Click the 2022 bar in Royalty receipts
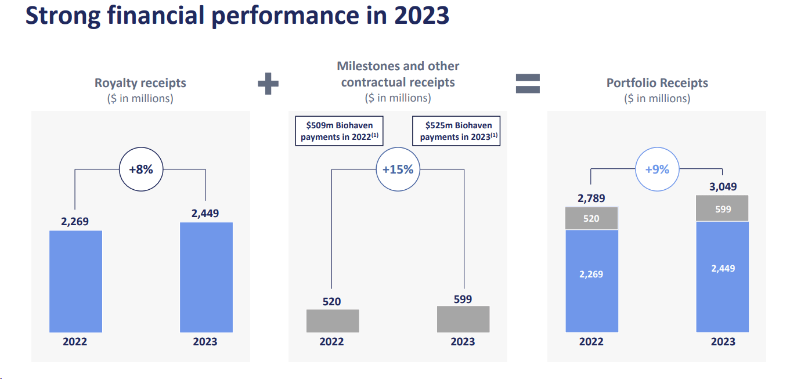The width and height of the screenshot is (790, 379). pyautogui.click(x=75, y=281)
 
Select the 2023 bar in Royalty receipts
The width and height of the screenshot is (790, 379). pyautogui.click(x=206, y=277)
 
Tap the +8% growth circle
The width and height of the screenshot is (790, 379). pyautogui.click(x=140, y=169)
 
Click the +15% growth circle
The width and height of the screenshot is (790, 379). pyautogui.click(x=398, y=169)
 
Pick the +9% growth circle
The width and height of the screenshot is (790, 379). pyautogui.click(x=657, y=169)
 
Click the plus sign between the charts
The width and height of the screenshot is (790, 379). pyautogui.click(x=268, y=84)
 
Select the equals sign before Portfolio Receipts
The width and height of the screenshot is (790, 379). pyautogui.click(x=528, y=84)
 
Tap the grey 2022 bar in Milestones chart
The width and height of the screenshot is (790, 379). pyautogui.click(x=333, y=320)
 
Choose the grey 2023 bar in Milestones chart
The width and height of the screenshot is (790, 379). pyautogui.click(x=463, y=319)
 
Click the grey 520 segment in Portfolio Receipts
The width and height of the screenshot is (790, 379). pyautogui.click(x=591, y=219)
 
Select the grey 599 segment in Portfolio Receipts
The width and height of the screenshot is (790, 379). pyautogui.click(x=723, y=209)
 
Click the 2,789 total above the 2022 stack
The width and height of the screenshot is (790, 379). pyautogui.click(x=591, y=198)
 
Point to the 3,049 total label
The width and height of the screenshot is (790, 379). pyautogui.click(x=723, y=186)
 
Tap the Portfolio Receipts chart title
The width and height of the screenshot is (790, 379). pyautogui.click(x=657, y=83)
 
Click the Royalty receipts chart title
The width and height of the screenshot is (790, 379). pyautogui.click(x=140, y=83)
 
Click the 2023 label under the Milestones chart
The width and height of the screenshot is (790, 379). pyautogui.click(x=463, y=341)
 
